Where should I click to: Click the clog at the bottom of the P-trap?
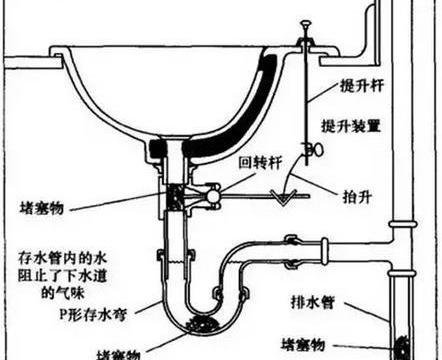coord(196,324)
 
